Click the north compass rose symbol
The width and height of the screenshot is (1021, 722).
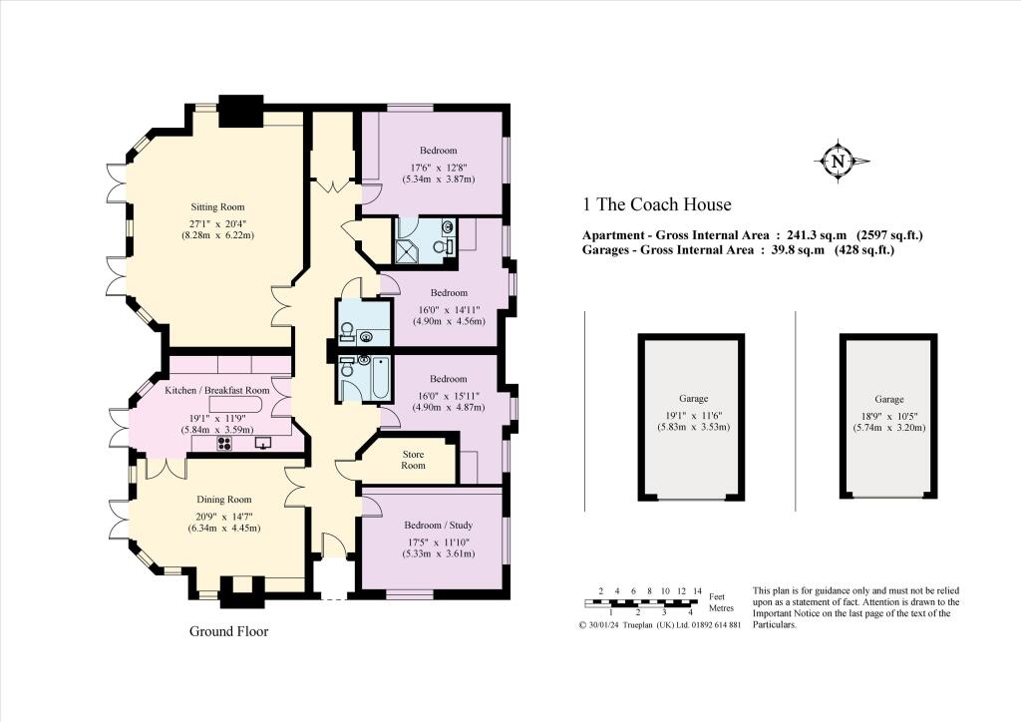coord(838,161)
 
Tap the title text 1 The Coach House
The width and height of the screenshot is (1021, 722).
coord(657,205)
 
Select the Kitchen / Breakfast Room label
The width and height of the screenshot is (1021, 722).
coord(217,390)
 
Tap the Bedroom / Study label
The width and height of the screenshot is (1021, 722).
coord(438,526)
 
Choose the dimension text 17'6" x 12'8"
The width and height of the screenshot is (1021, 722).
coord(438,167)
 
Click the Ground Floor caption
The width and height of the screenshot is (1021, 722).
coord(228,631)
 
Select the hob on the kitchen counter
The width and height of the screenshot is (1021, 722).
coord(219,445)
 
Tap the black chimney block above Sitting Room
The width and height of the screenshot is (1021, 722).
coord(240,110)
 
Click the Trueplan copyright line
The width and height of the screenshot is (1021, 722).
coord(659,625)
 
